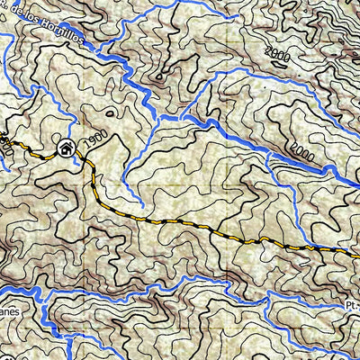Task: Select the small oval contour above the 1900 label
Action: click(x=111, y=112)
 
